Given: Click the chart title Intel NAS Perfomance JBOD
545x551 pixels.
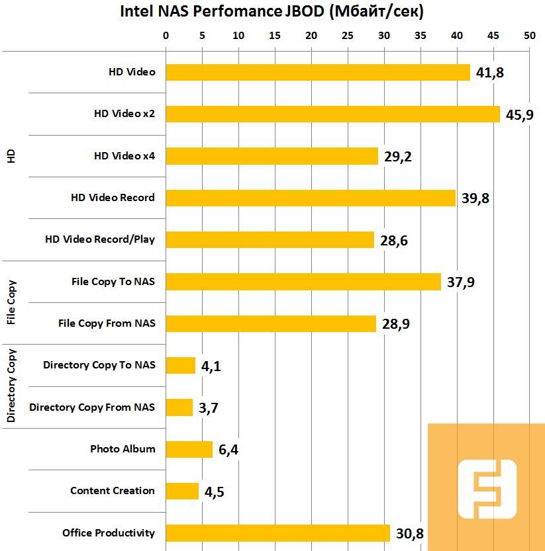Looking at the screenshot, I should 272,11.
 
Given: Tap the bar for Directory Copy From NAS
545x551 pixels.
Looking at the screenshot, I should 179,407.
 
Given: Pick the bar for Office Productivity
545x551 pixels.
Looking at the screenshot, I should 277,532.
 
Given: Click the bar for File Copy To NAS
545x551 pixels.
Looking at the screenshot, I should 303,282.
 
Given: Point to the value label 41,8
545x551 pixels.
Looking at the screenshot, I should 490,73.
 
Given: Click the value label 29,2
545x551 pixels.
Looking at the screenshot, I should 398,157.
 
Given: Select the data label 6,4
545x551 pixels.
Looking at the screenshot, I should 228,450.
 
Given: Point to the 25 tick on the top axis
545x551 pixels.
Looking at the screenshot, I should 347,35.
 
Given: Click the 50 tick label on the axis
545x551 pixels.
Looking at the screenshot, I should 528,35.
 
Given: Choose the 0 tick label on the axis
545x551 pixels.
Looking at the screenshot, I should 166,35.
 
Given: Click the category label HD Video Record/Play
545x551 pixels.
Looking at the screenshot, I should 99,239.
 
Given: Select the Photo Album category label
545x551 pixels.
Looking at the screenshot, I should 123,448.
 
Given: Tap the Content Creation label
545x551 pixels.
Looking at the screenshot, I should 112,490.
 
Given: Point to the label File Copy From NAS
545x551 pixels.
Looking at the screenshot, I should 107,323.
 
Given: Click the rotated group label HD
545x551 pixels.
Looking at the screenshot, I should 11,156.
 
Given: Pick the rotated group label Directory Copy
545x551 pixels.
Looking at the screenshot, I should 11,386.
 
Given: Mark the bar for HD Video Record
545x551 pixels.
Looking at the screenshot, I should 310,198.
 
